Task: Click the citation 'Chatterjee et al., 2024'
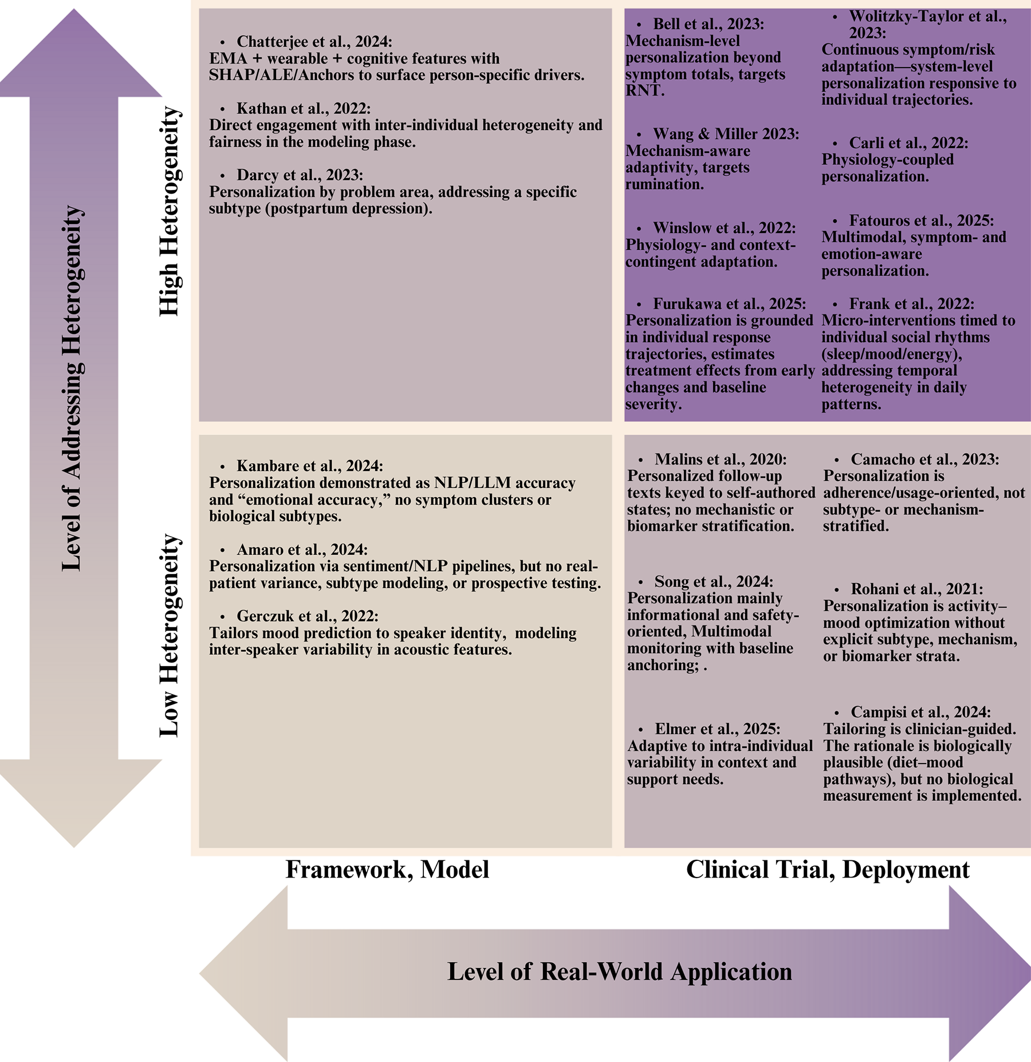314,42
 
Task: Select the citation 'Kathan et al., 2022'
304,109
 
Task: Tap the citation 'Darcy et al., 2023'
300,175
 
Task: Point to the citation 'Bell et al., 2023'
709,24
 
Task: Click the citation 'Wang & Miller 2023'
726,134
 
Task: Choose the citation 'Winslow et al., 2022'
724,228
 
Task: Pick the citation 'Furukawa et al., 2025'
729,304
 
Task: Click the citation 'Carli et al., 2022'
908,143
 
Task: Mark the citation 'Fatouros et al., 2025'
922,221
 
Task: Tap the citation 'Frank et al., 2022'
911,304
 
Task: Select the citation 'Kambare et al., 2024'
310,466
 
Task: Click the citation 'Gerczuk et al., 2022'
308,616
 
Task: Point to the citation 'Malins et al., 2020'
721,459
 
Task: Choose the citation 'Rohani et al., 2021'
917,589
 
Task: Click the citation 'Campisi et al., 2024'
920,713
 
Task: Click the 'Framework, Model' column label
387,870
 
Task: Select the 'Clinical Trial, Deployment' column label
828,870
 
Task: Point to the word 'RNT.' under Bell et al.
645,91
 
